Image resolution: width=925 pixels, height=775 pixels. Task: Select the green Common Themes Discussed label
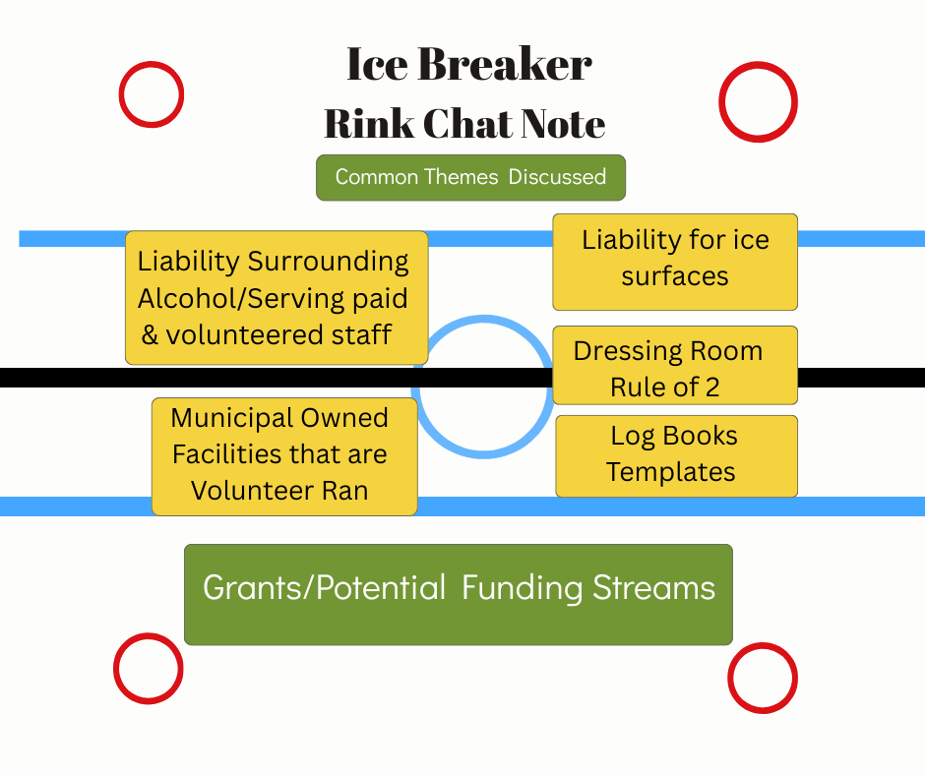coord(470,177)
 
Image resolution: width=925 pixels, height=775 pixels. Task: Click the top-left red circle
coord(152,94)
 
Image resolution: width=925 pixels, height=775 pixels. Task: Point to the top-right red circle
coord(758,101)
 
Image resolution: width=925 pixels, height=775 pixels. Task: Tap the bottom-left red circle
coord(149,669)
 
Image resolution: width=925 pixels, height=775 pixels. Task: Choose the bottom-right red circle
coord(762,678)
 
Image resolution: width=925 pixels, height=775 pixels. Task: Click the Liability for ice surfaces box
coord(675,262)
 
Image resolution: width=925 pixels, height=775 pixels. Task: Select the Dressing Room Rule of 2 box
coord(675,366)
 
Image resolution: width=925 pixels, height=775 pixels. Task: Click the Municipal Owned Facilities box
coord(284,456)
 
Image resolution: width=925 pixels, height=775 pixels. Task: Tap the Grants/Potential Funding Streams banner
coord(459,594)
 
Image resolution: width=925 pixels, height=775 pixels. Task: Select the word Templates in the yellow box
coord(671,472)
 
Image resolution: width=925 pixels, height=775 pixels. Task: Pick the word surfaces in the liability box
coord(675,276)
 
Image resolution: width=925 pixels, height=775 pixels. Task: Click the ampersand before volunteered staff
coord(151,334)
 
